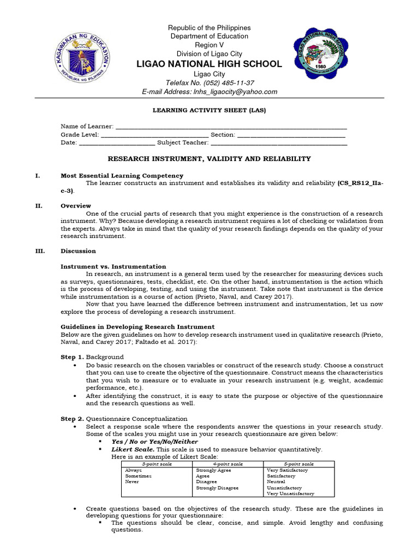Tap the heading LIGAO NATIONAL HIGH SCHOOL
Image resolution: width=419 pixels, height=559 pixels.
click(x=209, y=64)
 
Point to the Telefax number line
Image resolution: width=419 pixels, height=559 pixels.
click(x=209, y=83)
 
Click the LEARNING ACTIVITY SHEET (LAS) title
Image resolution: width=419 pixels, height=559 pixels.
click(x=209, y=110)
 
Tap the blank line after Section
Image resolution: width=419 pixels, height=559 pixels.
click(x=291, y=135)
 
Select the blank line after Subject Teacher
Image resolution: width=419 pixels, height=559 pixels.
click(x=279, y=143)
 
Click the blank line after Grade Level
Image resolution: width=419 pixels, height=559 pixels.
click(x=154, y=135)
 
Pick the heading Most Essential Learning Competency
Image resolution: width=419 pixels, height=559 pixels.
click(x=122, y=176)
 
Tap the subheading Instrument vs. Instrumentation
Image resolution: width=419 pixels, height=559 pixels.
click(x=113, y=266)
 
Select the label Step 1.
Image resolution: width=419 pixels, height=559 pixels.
click(x=72, y=356)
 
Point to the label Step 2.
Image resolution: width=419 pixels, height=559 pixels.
click(x=72, y=419)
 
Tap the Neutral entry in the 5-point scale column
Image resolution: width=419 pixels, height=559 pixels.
click(x=276, y=482)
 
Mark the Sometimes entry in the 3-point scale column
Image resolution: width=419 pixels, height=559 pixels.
click(x=139, y=476)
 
